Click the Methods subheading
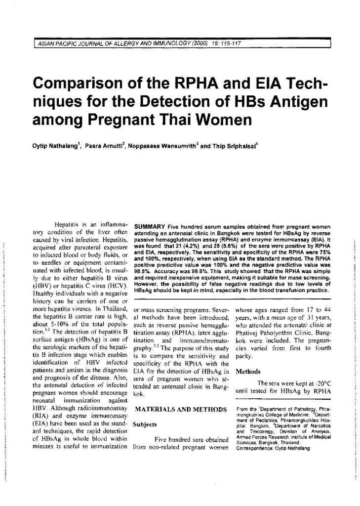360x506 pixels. pyautogui.click(x=250, y=370)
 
